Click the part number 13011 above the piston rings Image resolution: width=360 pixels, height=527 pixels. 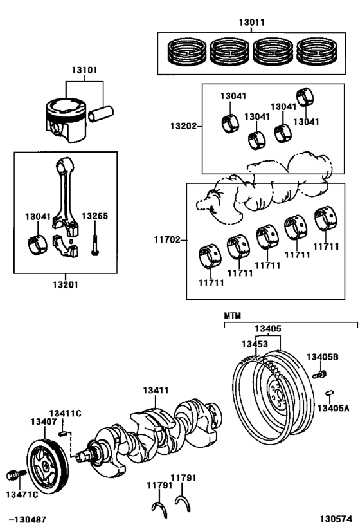point(252,22)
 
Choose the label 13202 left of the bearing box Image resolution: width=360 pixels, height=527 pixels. point(183,126)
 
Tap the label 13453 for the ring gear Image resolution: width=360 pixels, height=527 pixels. point(255,344)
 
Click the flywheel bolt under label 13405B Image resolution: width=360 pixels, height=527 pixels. point(319,374)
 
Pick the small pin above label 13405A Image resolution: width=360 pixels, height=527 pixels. point(328,394)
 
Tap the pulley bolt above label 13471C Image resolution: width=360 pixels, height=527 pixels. point(12,476)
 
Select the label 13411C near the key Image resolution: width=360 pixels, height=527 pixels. point(65,413)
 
